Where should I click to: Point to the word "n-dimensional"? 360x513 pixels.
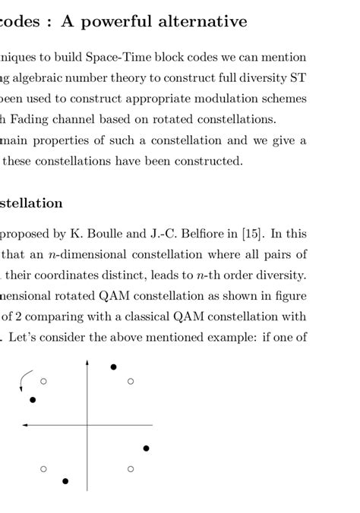tap(77, 253)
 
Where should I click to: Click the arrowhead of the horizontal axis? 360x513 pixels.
tap(25, 425)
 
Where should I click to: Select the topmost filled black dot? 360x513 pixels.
tap(113, 367)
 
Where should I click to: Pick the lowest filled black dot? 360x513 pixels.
tap(65, 481)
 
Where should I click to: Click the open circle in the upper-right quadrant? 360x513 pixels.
tap(131, 381)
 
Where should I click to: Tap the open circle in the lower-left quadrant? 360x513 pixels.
tap(43, 469)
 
